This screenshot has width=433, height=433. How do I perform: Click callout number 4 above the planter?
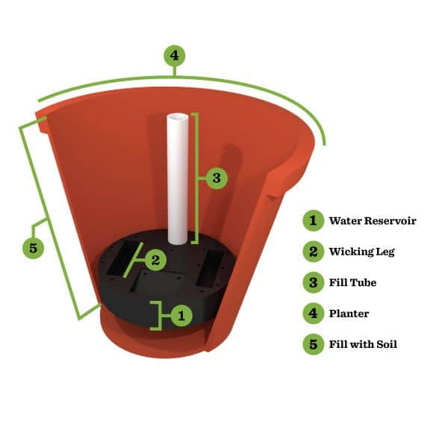[x=173, y=55]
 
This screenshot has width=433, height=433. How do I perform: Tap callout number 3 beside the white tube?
[x=216, y=178]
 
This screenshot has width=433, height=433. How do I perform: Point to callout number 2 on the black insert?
[x=155, y=260]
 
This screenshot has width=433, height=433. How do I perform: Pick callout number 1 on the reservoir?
[x=180, y=315]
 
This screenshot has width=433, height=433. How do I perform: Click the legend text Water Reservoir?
[x=373, y=221]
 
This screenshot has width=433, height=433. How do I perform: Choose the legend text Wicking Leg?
[x=361, y=252]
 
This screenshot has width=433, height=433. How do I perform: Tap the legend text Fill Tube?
[x=352, y=283]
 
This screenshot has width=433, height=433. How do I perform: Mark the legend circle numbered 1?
[x=313, y=221]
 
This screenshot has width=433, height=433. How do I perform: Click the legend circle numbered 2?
[x=313, y=252]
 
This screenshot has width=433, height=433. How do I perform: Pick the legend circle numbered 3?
[x=313, y=283]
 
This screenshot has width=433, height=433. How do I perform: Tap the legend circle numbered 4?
[x=313, y=314]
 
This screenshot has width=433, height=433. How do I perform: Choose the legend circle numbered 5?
[x=313, y=345]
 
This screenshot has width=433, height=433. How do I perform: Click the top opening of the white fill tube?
[x=177, y=118]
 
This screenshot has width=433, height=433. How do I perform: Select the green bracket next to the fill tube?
[x=197, y=178]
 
